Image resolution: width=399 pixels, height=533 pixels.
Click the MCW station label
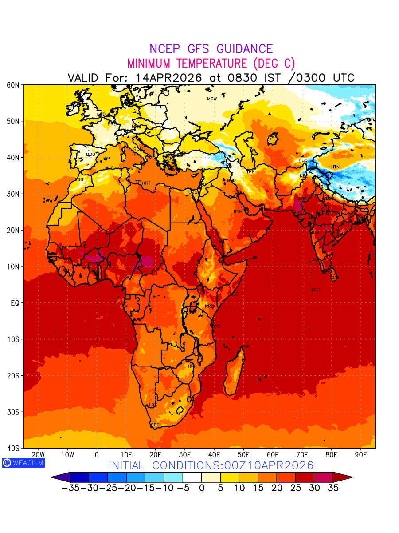[x=212, y=99]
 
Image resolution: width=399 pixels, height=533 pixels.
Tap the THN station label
[x=250, y=172]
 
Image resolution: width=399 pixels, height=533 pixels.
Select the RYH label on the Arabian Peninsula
[x=238, y=212]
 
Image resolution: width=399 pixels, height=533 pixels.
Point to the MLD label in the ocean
[x=316, y=290]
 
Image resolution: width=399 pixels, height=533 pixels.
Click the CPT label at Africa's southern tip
[x=155, y=425]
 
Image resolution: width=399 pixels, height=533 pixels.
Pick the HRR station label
[x=192, y=366]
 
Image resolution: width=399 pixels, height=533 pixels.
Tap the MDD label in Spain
[x=90, y=155]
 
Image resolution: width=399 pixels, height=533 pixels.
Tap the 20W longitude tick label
[x=39, y=455]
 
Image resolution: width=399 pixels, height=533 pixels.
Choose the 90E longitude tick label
[x=361, y=455]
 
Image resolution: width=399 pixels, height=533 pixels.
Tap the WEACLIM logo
[x=23, y=462]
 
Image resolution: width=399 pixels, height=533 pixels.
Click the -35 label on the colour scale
[x=71, y=488]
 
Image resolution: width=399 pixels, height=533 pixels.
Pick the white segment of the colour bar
[x=192, y=477]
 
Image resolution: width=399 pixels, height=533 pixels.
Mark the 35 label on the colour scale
[x=333, y=488]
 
